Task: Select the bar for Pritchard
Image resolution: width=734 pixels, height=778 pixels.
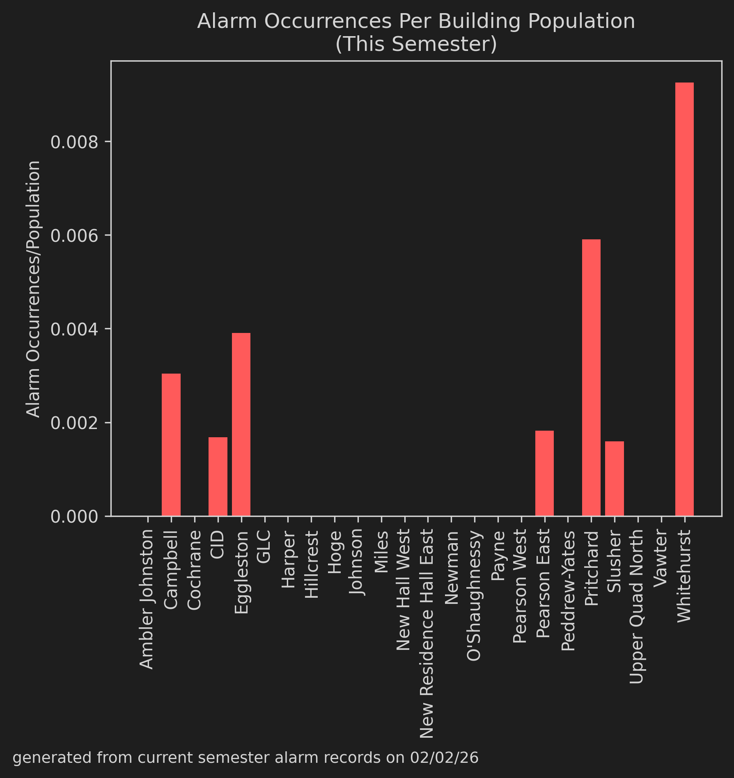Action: click(591, 377)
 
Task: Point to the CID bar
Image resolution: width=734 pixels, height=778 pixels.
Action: click(218, 476)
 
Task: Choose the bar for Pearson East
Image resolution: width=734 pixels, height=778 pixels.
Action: click(544, 473)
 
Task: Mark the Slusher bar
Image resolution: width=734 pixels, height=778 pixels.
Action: click(615, 478)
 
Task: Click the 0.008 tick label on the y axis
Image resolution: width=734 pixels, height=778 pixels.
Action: click(74, 142)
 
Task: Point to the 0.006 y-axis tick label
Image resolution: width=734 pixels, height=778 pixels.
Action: click(74, 236)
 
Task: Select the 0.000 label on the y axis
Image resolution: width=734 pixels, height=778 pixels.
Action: click(74, 516)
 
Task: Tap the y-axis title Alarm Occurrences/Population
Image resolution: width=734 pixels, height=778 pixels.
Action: click(33, 289)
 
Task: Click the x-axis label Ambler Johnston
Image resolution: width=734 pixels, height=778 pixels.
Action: click(147, 599)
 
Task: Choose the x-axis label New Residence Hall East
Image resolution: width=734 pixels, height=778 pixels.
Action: click(427, 634)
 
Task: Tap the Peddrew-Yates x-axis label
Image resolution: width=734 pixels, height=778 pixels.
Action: click(568, 591)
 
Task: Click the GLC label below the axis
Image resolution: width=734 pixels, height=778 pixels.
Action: click(264, 546)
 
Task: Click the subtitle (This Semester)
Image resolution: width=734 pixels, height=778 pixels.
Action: click(416, 44)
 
